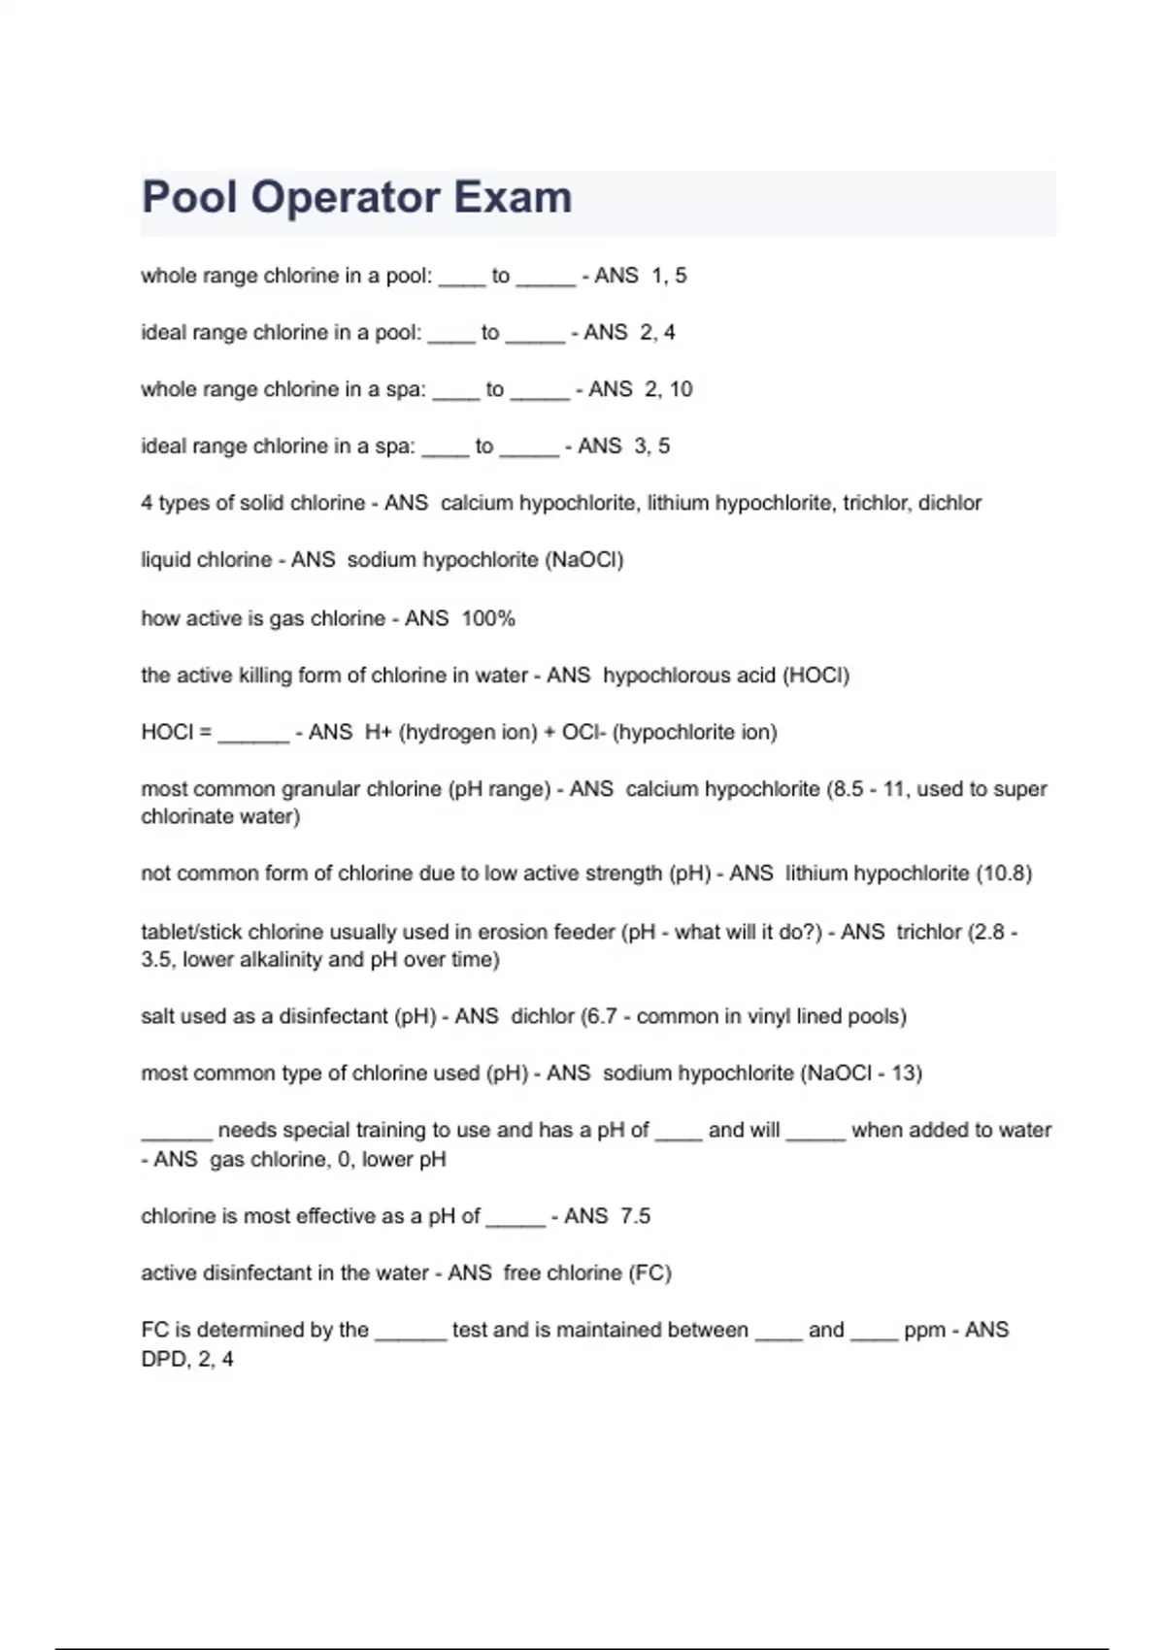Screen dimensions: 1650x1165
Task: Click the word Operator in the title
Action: point(345,197)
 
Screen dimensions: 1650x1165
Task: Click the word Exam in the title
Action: point(513,197)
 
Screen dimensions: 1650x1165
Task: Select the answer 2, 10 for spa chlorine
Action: point(668,389)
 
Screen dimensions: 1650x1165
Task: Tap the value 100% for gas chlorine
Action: point(488,618)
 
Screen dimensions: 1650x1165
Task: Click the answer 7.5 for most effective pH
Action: point(635,1216)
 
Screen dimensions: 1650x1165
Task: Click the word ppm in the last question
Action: point(924,1330)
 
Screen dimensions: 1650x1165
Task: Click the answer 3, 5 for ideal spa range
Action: point(651,446)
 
